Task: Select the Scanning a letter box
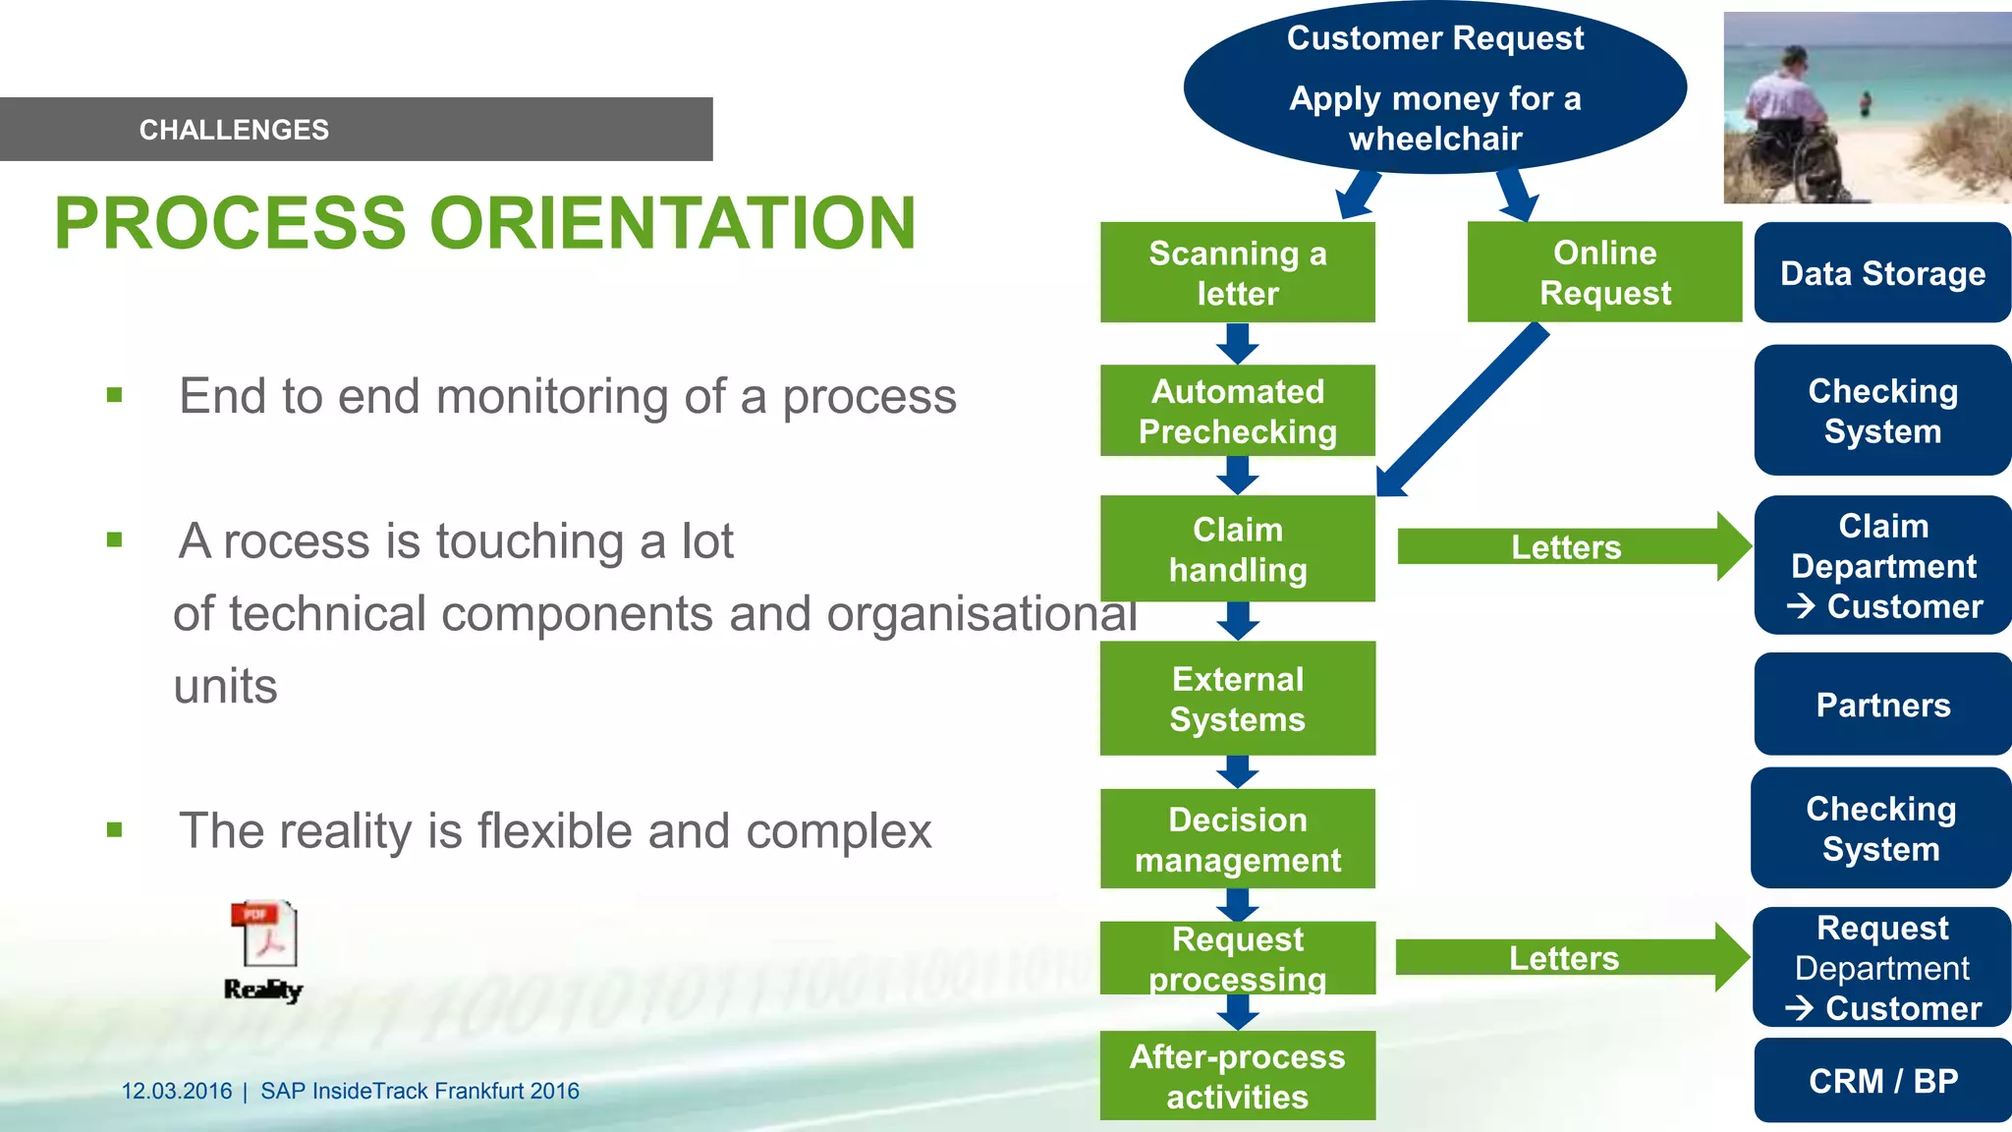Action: click(x=1237, y=272)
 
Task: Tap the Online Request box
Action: click(x=1604, y=272)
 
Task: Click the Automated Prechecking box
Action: click(x=1237, y=411)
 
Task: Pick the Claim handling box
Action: click(x=1237, y=549)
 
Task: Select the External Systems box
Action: click(x=1237, y=699)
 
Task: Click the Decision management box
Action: click(x=1237, y=839)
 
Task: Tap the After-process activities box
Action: click(x=1237, y=1076)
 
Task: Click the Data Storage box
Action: click(x=1882, y=273)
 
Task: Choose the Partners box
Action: click(x=1882, y=705)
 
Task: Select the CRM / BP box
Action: click(x=1882, y=1081)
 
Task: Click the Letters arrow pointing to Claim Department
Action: click(x=1572, y=546)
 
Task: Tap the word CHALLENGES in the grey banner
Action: click(x=234, y=130)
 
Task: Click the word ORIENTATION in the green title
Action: click(x=673, y=223)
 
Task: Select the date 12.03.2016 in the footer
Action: click(x=177, y=1091)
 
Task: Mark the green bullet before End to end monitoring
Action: click(x=115, y=396)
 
